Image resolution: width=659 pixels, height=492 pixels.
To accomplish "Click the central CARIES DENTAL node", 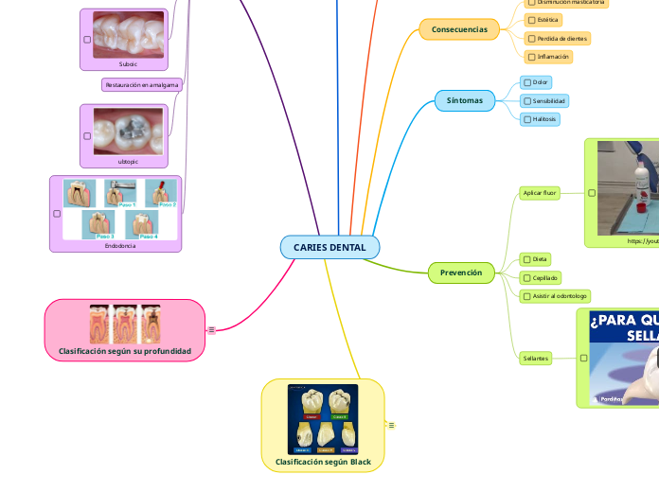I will pos(329,247).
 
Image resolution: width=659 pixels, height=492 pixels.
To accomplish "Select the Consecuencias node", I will pos(459,29).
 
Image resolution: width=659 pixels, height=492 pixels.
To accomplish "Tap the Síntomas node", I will pos(465,100).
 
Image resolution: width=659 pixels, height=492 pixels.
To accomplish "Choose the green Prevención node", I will pos(461,273).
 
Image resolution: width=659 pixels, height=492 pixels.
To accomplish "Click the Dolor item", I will pos(540,82).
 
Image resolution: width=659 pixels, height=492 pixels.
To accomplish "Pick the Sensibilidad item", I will pos(549,100).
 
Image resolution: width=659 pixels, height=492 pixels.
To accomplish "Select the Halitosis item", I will pos(545,119).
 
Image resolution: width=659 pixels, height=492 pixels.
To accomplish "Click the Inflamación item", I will pos(553,57).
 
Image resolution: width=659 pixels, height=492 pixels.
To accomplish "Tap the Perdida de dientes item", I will pos(561,38).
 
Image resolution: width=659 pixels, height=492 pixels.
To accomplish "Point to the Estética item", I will pos(547,19).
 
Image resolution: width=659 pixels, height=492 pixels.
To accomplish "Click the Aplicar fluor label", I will pos(541,193).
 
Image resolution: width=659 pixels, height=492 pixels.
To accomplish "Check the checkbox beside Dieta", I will pos(527,258).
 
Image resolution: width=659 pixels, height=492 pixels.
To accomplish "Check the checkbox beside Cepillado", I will pos(527,277).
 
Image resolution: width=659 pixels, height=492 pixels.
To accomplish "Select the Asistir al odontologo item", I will pos(561,296).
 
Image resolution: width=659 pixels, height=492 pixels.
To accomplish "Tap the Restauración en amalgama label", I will pos(142,84).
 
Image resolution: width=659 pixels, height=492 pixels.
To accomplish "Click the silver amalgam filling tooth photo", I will pos(127,130).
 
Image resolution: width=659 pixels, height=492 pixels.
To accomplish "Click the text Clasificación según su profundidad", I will pos(125,351).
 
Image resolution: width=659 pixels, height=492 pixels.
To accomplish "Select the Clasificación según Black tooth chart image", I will pos(323,419).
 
